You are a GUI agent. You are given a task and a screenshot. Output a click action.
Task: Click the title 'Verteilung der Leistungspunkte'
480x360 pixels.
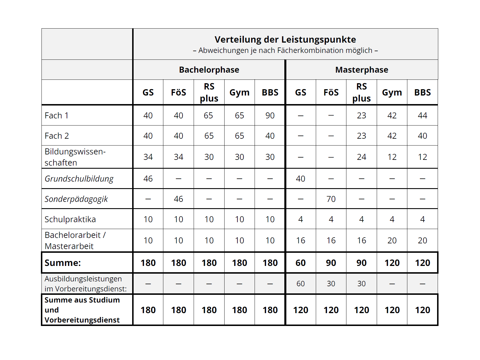click(x=285, y=39)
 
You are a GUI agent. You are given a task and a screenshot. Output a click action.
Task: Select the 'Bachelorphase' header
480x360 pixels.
click(x=209, y=70)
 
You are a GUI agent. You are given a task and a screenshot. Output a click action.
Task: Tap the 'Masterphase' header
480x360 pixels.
click(x=362, y=70)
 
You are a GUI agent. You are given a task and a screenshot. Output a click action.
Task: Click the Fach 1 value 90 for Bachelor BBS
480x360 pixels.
click(x=270, y=116)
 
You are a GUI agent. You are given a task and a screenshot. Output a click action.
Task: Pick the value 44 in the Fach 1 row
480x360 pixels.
click(x=422, y=116)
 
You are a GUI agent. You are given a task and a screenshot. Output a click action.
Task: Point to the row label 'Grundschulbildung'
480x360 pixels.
click(x=79, y=179)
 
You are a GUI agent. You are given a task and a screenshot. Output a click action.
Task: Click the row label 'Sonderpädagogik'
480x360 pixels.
click(x=76, y=199)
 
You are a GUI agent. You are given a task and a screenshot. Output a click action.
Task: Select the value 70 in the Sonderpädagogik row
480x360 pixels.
click(x=331, y=199)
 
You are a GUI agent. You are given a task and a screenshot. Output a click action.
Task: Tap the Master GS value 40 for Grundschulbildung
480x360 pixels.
click(x=300, y=179)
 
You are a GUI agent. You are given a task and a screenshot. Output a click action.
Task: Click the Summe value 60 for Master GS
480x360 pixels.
click(x=300, y=263)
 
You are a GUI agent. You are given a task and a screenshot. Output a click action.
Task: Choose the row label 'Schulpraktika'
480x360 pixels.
click(x=70, y=219)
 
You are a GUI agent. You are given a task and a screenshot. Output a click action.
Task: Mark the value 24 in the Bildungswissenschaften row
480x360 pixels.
click(x=361, y=157)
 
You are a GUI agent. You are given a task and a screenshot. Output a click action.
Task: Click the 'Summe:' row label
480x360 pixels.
click(x=63, y=263)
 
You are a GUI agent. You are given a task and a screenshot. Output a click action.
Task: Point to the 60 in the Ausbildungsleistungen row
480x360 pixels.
click(x=300, y=284)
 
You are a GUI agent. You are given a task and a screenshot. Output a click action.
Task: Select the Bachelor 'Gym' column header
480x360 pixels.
click(x=239, y=92)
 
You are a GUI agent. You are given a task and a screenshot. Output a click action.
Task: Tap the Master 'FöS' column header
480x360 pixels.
click(x=331, y=92)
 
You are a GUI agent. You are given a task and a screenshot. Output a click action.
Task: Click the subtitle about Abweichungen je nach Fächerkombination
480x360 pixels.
click(x=285, y=51)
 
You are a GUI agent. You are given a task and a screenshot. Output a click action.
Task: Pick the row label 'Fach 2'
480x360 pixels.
click(x=57, y=136)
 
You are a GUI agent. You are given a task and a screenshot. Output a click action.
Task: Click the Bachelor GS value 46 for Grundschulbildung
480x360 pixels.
click(x=148, y=179)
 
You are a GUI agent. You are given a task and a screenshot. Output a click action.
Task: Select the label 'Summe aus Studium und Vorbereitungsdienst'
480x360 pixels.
click(x=82, y=310)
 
